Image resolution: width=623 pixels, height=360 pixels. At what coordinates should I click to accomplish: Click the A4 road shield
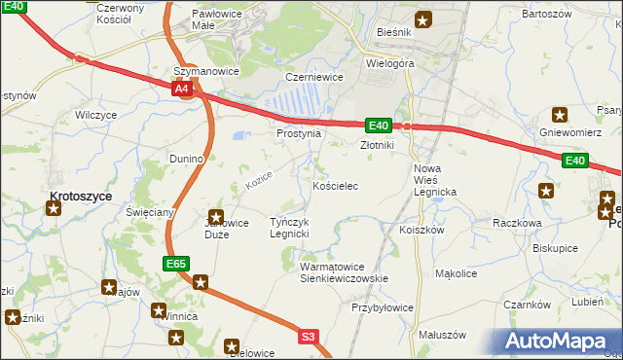[x=182, y=89]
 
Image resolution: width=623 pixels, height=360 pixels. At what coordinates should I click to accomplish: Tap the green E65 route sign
[x=175, y=264]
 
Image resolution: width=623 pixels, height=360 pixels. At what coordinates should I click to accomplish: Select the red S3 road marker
[x=308, y=337]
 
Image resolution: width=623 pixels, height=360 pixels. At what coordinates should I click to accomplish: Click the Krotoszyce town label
[x=81, y=196]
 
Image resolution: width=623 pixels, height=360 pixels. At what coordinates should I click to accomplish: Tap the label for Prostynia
[x=298, y=133]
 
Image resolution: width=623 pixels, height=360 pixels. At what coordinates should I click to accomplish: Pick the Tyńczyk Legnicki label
[x=289, y=228]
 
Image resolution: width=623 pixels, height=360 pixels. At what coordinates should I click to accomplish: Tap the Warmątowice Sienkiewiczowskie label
[x=345, y=271]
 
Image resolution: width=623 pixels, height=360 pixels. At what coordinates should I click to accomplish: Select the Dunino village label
[x=185, y=158]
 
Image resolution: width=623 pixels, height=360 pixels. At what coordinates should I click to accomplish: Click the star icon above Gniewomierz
[x=559, y=114]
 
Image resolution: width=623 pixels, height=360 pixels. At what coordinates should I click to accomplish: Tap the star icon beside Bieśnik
[x=422, y=18]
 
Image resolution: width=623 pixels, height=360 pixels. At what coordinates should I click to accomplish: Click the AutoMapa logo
[x=554, y=341]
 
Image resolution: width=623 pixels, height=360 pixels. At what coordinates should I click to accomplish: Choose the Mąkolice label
[x=456, y=274]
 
